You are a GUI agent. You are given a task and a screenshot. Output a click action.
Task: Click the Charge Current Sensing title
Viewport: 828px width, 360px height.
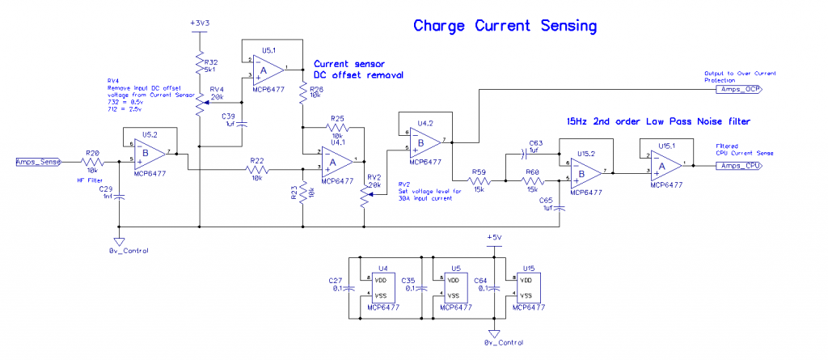pyautogui.click(x=505, y=26)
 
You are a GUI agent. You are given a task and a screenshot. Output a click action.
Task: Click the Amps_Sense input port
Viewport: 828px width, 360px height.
pyautogui.click(x=37, y=162)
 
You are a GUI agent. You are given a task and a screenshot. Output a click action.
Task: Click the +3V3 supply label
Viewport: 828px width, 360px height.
pyautogui.click(x=199, y=23)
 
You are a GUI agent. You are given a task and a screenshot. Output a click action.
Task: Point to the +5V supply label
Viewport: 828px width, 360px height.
pyautogui.click(x=494, y=237)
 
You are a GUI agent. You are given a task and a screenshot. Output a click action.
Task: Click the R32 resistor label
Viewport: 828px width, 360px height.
pyautogui.click(x=211, y=61)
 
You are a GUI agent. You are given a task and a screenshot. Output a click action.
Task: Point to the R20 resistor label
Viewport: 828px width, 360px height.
pyautogui.click(x=93, y=152)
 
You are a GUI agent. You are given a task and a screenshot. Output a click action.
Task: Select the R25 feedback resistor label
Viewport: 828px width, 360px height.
pyautogui.click(x=337, y=118)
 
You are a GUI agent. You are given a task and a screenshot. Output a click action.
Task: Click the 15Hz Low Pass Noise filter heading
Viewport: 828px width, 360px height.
pyautogui.click(x=660, y=121)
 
